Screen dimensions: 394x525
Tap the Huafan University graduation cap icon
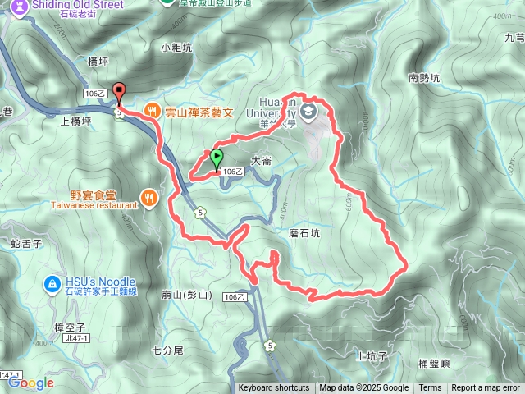[309, 112]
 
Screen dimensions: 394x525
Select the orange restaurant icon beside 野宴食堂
[148, 197]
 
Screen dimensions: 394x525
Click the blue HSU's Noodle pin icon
[51, 284]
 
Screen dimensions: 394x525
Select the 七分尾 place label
[168, 350]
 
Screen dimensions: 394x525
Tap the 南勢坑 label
[423, 79]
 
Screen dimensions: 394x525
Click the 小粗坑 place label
[176, 48]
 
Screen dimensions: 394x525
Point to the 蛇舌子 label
[26, 244]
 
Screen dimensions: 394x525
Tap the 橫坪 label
[98, 61]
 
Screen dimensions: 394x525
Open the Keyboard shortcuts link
[274, 388]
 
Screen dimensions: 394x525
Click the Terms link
[430, 388]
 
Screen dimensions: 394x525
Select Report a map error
[486, 388]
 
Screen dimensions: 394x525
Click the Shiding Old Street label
[68, 5]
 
